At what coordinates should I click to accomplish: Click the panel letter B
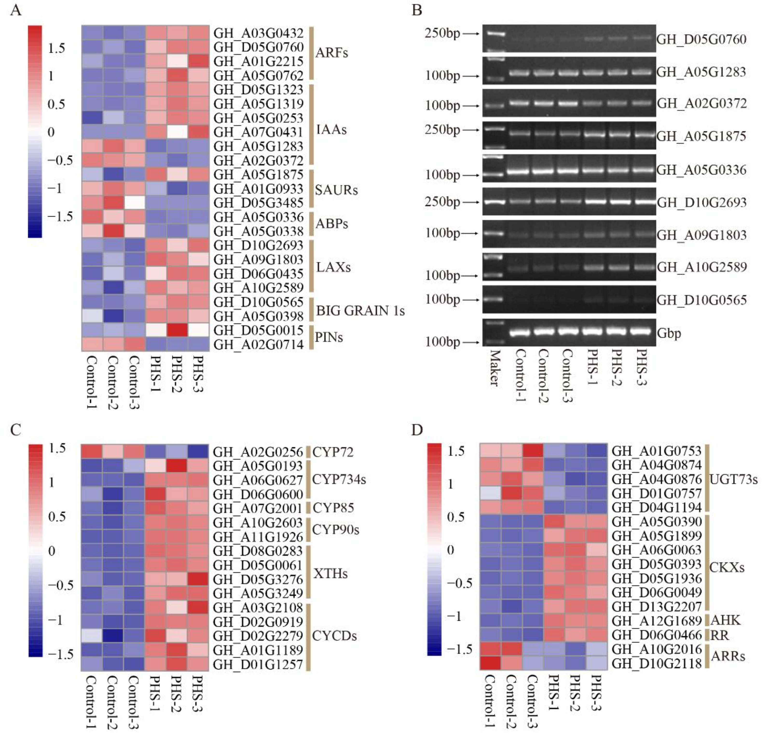(x=417, y=10)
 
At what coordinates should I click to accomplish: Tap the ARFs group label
(x=331, y=53)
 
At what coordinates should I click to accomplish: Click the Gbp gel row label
(x=669, y=333)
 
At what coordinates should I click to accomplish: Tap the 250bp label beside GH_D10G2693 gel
(x=442, y=202)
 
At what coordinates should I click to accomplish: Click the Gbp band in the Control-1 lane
(x=520, y=332)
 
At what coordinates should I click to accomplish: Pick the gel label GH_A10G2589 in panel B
(x=702, y=267)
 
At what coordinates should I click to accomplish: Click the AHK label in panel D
(x=725, y=620)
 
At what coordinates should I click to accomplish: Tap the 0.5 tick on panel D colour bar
(x=456, y=517)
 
